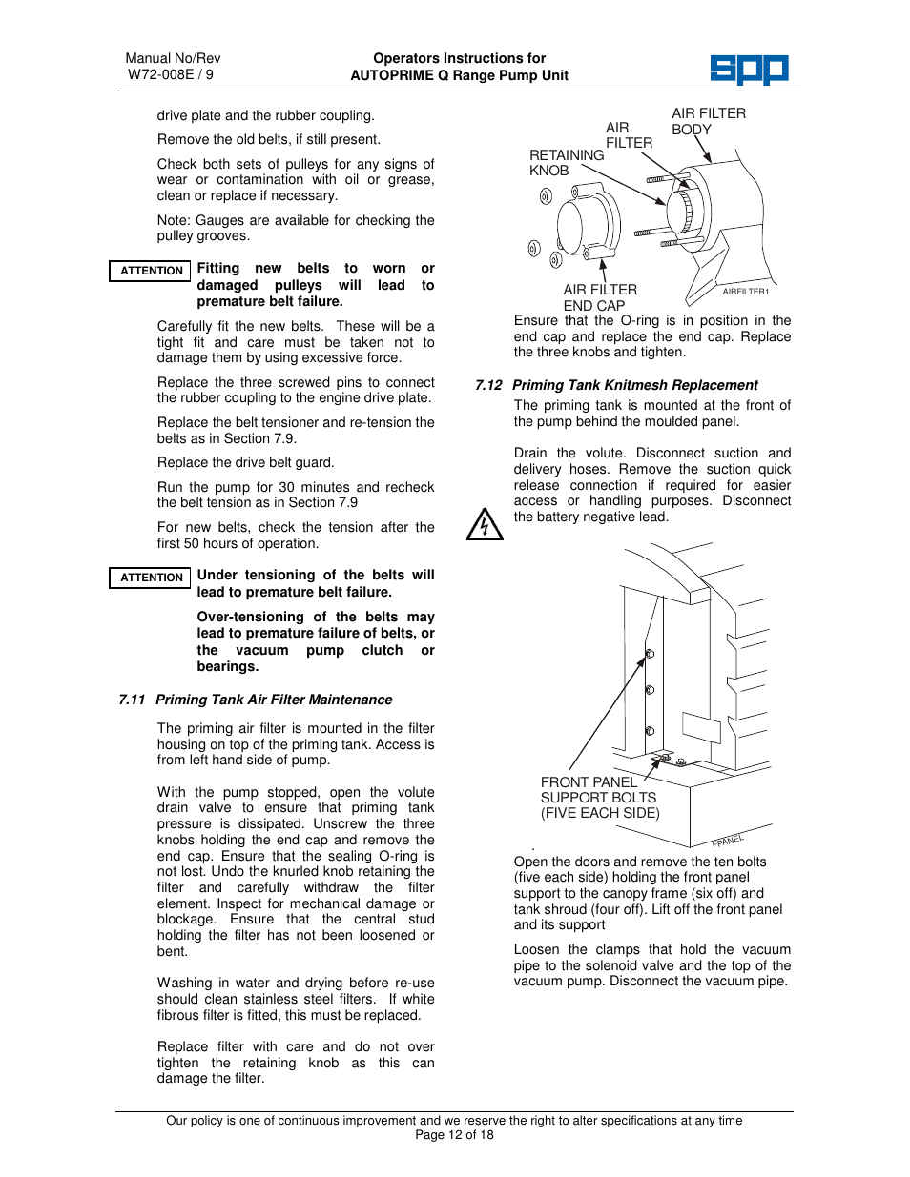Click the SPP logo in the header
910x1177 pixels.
point(749,70)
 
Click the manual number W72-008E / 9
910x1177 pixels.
point(171,74)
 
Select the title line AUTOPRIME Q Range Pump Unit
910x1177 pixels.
point(459,75)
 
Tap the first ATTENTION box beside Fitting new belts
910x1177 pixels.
point(151,271)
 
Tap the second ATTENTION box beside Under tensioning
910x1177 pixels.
point(151,578)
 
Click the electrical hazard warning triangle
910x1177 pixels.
point(485,524)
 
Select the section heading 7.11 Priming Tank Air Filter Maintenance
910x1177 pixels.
point(255,700)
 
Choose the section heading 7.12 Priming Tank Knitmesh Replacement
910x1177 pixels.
point(616,385)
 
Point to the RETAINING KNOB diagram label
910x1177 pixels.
point(566,163)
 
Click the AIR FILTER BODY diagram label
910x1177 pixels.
point(708,121)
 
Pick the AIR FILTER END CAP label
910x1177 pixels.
point(599,297)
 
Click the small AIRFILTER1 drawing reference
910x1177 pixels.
point(745,292)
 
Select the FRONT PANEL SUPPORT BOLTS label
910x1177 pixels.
point(599,798)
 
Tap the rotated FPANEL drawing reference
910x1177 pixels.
point(727,841)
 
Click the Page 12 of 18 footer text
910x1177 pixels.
point(454,1135)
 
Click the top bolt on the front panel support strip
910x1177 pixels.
point(650,654)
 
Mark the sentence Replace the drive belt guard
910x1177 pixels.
point(245,462)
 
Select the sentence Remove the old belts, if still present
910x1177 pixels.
point(268,139)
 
